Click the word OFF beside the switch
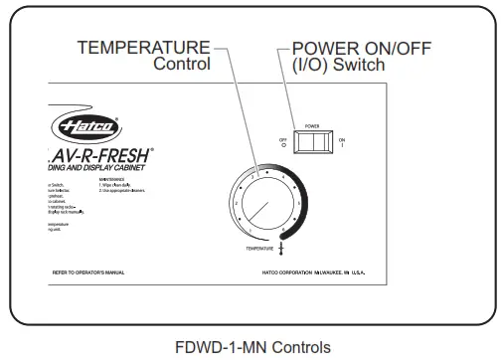(282, 139)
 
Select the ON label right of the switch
(342, 140)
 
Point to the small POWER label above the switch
(311, 127)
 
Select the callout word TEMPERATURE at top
(143, 47)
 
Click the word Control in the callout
(182, 64)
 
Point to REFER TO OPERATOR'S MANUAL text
(88, 270)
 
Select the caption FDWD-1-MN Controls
(251, 347)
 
